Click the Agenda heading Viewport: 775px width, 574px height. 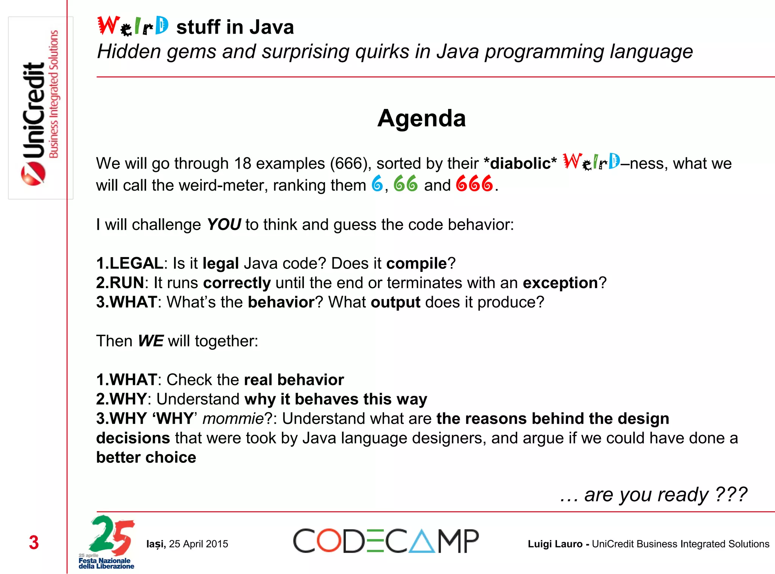pyautogui.click(x=422, y=118)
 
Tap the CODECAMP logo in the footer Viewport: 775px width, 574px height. pyautogui.click(x=386, y=541)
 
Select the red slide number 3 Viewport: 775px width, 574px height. pyautogui.click(x=34, y=543)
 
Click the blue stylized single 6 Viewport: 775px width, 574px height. pyautogui.click(x=377, y=184)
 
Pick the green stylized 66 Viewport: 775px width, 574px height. pyautogui.click(x=406, y=184)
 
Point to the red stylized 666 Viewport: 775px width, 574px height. pyautogui.click(x=475, y=184)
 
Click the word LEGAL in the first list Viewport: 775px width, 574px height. pyautogui.click(x=136, y=263)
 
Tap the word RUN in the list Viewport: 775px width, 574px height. pyautogui.click(x=126, y=283)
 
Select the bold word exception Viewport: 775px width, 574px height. pyautogui.click(x=560, y=283)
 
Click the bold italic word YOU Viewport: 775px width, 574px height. pyautogui.click(x=224, y=225)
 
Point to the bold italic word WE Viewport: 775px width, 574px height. pyautogui.click(x=151, y=341)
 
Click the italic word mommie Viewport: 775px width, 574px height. pyautogui.click(x=233, y=419)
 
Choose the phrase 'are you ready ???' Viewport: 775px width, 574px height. pyautogui.click(x=665, y=495)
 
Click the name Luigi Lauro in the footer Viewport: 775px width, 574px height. pyautogui.click(x=555, y=544)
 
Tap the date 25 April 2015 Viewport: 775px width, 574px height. pyautogui.click(x=198, y=544)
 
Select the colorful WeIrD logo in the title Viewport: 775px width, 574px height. pyautogui.click(x=133, y=26)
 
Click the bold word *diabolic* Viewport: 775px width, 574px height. pyautogui.click(x=520, y=164)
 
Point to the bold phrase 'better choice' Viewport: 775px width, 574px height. pyautogui.click(x=146, y=458)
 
